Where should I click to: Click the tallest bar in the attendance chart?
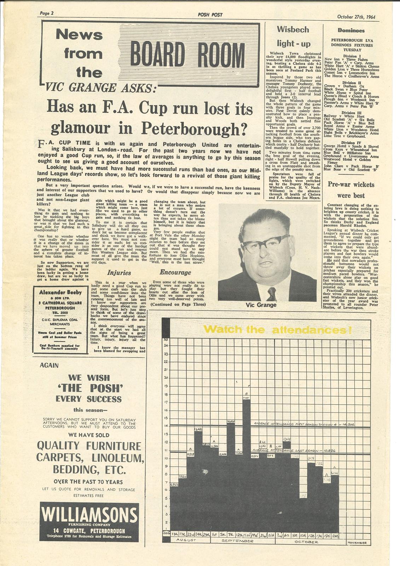tap(247, 460)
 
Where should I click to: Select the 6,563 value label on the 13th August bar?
tap(174, 485)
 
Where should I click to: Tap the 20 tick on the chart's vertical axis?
tap(166, 378)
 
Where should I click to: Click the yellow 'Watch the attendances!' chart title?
tap(277, 330)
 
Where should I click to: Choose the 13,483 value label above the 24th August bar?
tap(199, 429)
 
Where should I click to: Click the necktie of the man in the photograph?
tap(271, 294)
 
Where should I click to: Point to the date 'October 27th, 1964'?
tap(356, 17)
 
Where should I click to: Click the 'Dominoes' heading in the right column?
tap(351, 31)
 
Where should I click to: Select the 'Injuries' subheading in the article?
tap(119, 273)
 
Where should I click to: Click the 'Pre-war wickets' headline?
tap(351, 184)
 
